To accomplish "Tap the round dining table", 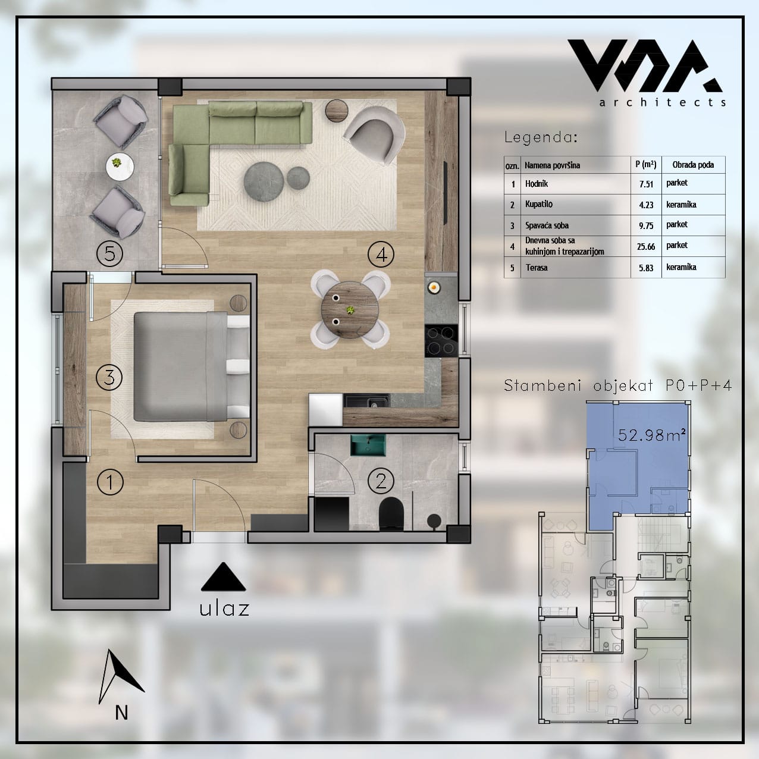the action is coord(350,309).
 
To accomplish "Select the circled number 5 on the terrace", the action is coord(110,253).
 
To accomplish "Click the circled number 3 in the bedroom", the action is coord(109,377).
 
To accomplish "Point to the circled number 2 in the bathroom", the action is coord(381,481).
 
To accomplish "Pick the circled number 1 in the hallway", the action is coord(110,482).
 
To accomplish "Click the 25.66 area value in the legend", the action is coord(646,247).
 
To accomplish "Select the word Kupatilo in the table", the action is coord(539,204).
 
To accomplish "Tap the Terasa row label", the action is coord(537,268).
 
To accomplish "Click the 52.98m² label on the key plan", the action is coord(651,435).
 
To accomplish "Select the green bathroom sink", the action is coord(368,445).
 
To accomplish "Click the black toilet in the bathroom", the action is coord(391,513).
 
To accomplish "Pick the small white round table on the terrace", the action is coord(120,167).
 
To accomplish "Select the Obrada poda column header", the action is coord(693,165).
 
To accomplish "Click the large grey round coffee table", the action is coord(264,181).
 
